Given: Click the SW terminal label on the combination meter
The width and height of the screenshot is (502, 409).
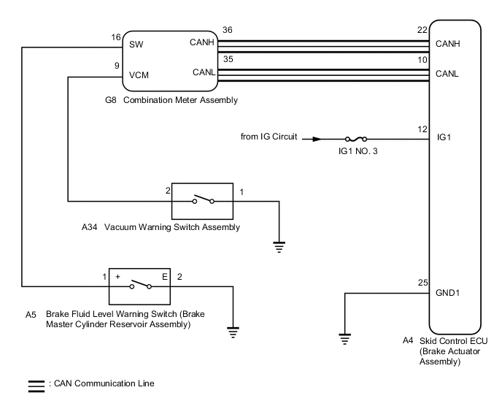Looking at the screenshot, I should [x=136, y=45].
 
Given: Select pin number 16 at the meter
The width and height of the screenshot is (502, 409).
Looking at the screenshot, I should [x=115, y=37].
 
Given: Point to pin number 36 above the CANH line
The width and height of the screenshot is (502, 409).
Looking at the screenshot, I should [x=228, y=31].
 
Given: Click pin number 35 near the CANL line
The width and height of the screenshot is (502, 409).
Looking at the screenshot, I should [x=228, y=58].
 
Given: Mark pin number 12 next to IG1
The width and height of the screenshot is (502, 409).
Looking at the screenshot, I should [x=422, y=129].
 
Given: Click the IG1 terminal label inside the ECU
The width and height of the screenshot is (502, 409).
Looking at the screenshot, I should [x=443, y=137].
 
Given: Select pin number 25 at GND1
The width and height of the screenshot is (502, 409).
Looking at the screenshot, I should [x=422, y=283].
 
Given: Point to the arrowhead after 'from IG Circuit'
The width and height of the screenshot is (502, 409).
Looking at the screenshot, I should [x=315, y=138].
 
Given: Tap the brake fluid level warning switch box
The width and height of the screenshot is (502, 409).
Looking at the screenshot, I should [x=140, y=286].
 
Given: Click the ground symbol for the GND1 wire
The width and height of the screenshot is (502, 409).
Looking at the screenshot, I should [x=344, y=338].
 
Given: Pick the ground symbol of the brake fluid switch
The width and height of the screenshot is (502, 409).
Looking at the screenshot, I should [x=233, y=331].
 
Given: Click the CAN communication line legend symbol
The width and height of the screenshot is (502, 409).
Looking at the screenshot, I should [x=35, y=383].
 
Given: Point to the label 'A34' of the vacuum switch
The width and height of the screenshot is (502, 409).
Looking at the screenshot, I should [x=88, y=227].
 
